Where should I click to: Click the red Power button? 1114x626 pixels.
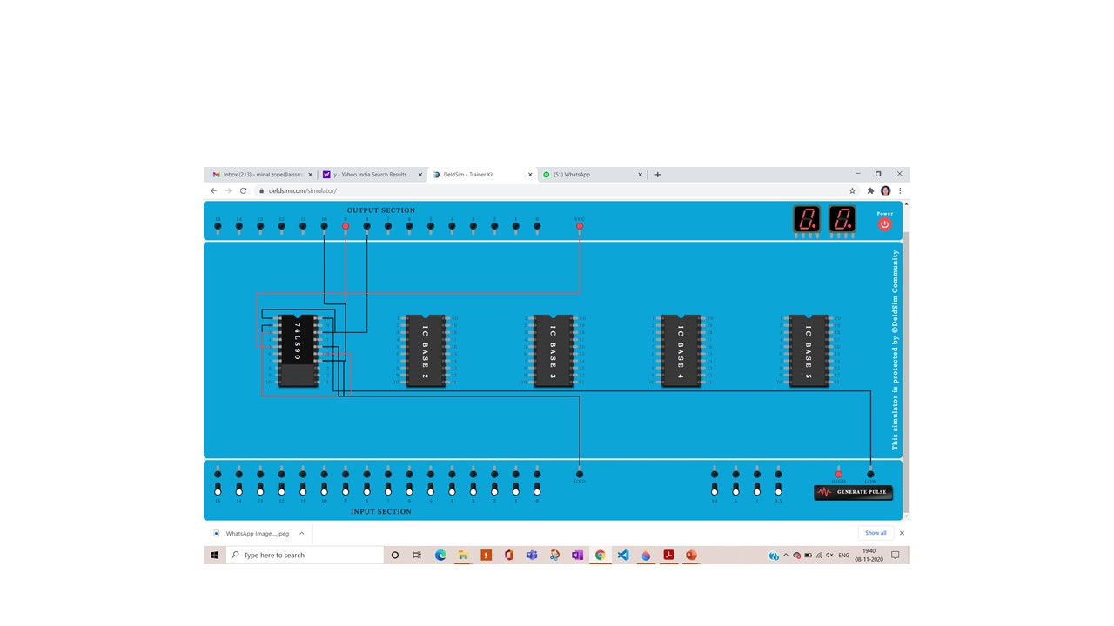884,224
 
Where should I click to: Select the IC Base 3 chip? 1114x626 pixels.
553,350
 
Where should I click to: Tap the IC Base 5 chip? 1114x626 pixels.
808,350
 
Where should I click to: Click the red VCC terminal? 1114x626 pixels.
580,227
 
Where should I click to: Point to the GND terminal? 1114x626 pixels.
580,474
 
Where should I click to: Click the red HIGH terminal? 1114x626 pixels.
839,474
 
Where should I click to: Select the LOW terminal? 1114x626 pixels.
870,474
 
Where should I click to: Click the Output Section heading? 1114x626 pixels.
381,210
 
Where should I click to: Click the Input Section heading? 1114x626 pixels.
381,511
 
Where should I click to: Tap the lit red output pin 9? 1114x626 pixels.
346,227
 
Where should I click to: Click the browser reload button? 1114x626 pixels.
244,190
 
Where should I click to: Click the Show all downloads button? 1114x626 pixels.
876,533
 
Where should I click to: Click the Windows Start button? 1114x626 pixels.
215,555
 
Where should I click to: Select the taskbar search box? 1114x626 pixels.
305,555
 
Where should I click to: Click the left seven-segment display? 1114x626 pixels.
807,219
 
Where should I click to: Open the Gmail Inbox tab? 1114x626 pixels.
261,175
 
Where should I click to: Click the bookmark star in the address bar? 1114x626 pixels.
852,190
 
